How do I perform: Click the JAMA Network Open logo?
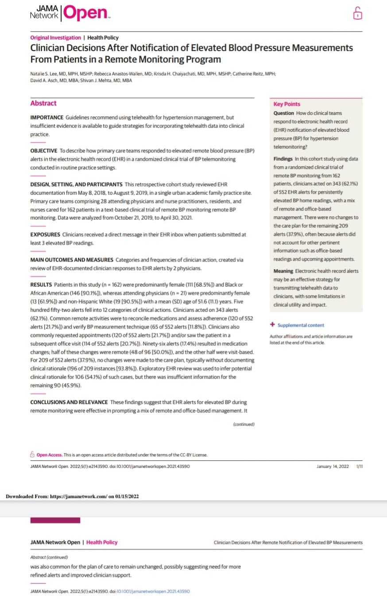click(x=70, y=13)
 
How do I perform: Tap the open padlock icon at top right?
click(x=357, y=14)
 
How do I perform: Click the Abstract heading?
click(x=43, y=103)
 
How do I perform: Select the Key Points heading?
click(x=286, y=104)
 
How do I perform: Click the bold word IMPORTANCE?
click(x=46, y=117)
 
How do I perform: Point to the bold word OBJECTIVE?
click(x=44, y=151)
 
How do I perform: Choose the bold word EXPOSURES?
click(x=45, y=234)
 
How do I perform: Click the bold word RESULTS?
click(x=41, y=284)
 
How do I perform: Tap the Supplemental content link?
click(x=301, y=325)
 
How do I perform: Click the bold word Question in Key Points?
click(x=284, y=113)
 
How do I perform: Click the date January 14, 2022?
click(x=333, y=466)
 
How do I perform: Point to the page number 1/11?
click(x=359, y=466)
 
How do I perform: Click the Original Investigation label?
click(x=55, y=38)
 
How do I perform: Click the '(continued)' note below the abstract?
click(x=244, y=424)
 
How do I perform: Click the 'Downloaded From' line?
click(x=72, y=496)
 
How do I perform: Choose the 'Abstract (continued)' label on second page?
click(x=49, y=557)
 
